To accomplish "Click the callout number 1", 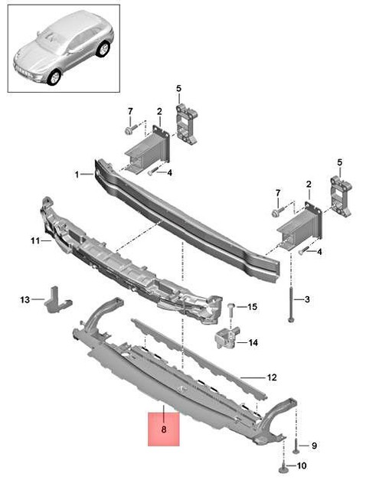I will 78,175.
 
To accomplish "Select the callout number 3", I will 306,299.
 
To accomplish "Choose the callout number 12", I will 270,377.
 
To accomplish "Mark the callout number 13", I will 24,299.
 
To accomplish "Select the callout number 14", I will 253,343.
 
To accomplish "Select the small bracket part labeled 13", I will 56,299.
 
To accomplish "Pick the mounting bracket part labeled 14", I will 226,338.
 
